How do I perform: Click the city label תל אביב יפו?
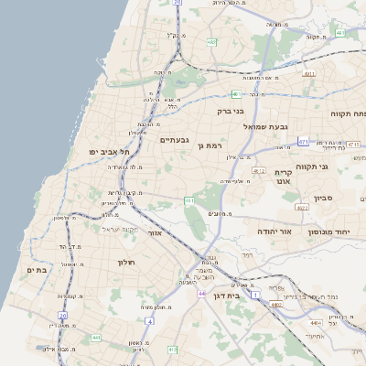(106, 150)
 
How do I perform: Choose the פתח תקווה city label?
(348, 113)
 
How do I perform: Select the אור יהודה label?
(273, 232)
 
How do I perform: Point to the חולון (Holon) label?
(126, 263)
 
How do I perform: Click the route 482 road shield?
(211, 42)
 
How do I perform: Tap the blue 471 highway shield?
(303, 142)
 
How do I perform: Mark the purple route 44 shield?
(201, 295)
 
